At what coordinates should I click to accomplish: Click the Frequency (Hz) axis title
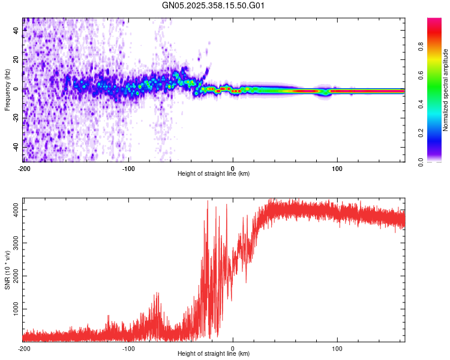pyautogui.click(x=7, y=90)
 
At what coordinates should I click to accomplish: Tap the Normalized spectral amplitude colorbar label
pyautogui.click(x=446, y=90)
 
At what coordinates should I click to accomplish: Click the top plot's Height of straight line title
pyautogui.click(x=214, y=173)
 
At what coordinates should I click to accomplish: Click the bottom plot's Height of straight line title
pyautogui.click(x=214, y=353)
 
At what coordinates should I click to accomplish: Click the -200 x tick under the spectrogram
pyautogui.click(x=24, y=168)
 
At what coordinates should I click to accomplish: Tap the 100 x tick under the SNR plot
pyautogui.click(x=337, y=348)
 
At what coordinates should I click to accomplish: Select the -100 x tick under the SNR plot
pyautogui.click(x=128, y=348)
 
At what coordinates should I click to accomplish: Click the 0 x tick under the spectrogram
pyautogui.click(x=233, y=168)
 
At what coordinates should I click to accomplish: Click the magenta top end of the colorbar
pyautogui.click(x=434, y=21)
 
